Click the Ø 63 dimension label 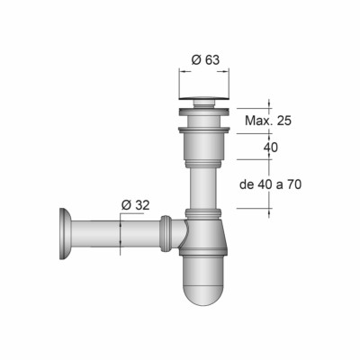[x=205, y=60]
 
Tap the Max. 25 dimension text [x=268, y=121]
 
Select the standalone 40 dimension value [x=271, y=148]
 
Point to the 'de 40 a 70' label [x=271, y=184]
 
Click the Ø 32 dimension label [x=135, y=205]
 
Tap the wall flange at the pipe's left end [x=66, y=234]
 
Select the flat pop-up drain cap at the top [x=204, y=97]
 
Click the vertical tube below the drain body [x=203, y=188]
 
